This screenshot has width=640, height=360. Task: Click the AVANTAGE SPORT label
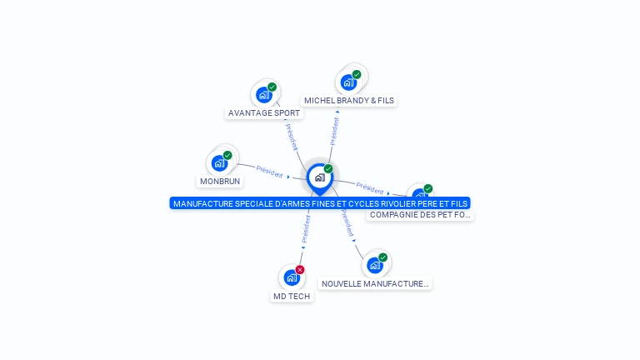(x=264, y=113)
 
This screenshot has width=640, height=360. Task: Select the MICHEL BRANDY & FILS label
(x=349, y=101)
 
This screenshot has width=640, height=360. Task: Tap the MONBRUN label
(x=220, y=182)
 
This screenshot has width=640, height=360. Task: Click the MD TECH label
(x=292, y=297)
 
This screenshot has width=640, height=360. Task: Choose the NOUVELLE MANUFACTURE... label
(x=375, y=284)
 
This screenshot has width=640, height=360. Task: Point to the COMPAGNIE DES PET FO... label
(x=420, y=215)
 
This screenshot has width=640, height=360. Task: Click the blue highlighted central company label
(x=320, y=203)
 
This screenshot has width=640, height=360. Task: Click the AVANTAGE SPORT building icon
(x=264, y=95)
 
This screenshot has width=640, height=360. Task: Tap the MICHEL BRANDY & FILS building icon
(x=348, y=82)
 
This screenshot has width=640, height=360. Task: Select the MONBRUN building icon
(x=219, y=163)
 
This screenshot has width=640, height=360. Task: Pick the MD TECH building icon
(x=291, y=277)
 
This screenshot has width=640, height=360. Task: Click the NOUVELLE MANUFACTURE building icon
(x=375, y=265)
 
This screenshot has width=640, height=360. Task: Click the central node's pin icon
(x=319, y=177)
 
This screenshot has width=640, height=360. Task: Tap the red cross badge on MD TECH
(x=300, y=269)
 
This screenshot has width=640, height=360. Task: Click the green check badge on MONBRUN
(x=227, y=155)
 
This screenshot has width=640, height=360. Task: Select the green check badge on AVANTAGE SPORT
(x=272, y=87)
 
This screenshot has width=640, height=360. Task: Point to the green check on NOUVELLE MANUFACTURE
(x=383, y=257)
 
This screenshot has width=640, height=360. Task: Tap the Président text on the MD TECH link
(x=306, y=228)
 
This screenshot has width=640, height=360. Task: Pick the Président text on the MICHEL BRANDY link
(x=334, y=131)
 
